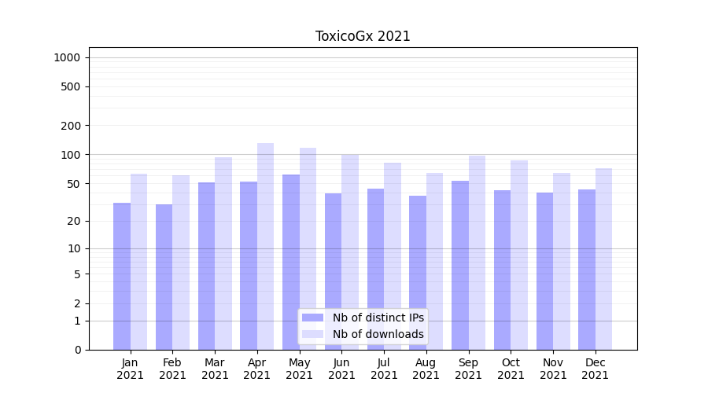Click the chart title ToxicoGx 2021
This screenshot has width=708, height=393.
pos(363,36)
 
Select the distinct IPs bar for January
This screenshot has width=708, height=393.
pos(122,275)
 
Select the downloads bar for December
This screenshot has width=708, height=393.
pos(604,259)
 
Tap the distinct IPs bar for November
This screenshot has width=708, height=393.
pos(544,270)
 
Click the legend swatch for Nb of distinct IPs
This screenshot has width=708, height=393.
pos(313,318)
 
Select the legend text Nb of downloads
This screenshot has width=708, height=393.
pos(378,334)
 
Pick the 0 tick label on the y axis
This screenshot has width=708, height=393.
pos(78,350)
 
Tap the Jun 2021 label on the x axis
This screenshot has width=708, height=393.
pos(341,369)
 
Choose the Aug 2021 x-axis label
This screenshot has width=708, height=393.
pos(426,369)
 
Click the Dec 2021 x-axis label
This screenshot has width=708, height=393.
pos(596,369)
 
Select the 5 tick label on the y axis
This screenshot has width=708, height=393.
pos(78,274)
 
